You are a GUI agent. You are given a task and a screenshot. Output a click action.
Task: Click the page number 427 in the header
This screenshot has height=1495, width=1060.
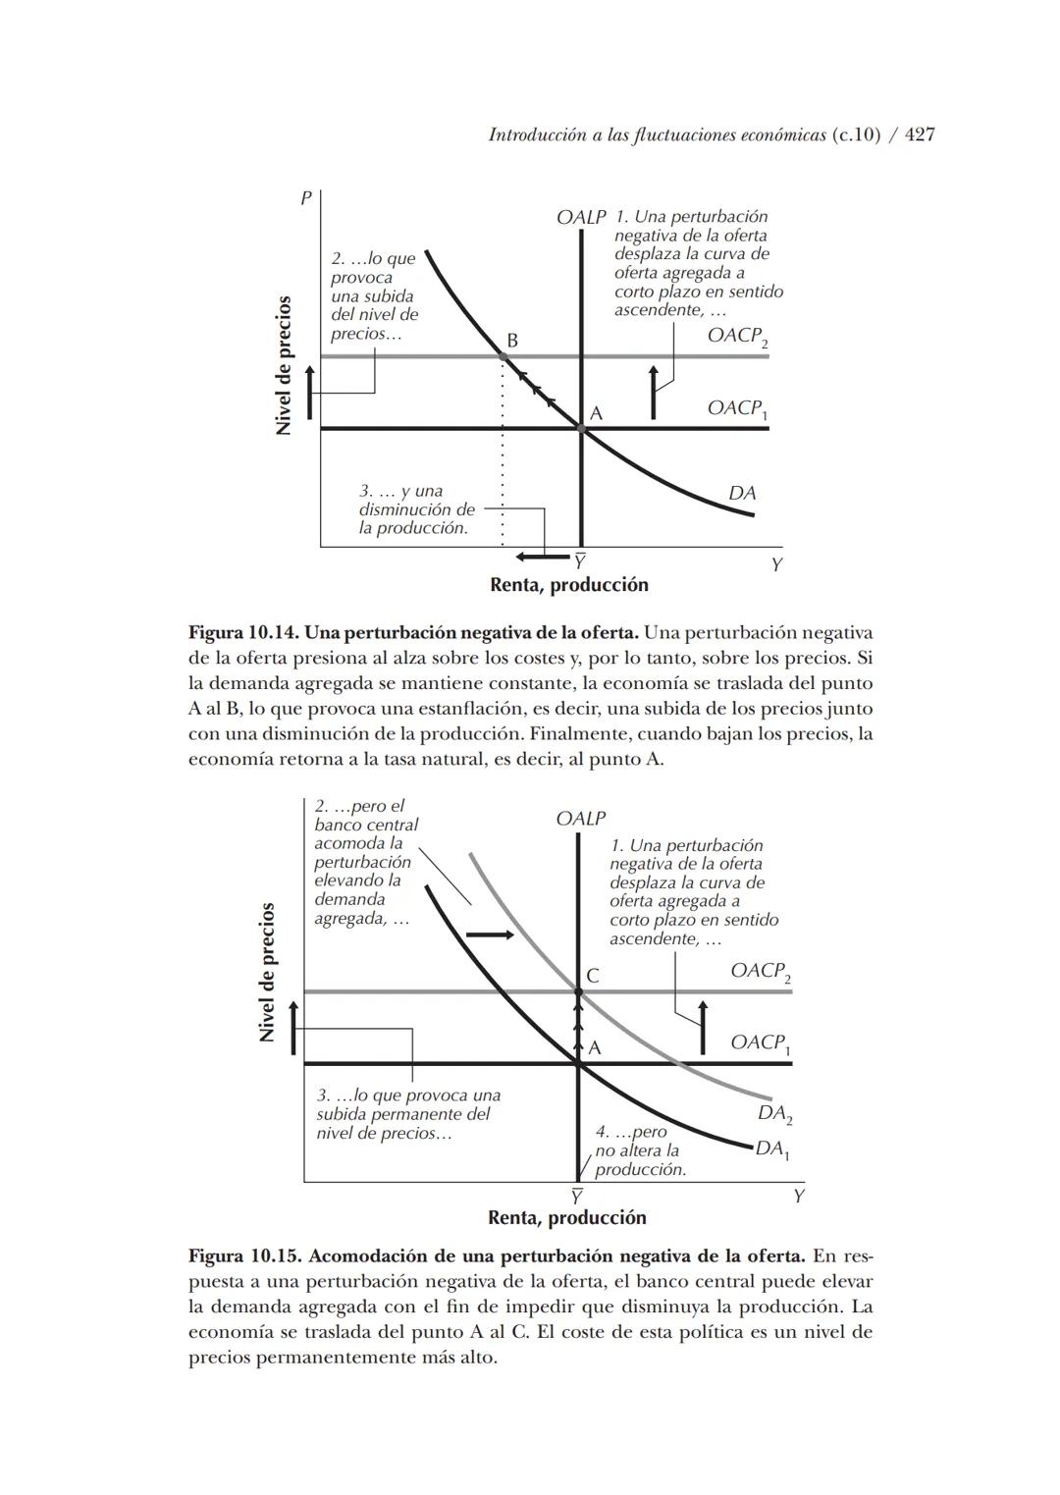(919, 135)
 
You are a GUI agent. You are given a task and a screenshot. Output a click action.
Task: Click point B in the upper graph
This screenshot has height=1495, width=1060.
(503, 355)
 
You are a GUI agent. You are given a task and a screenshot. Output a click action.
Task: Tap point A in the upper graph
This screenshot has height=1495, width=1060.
(582, 429)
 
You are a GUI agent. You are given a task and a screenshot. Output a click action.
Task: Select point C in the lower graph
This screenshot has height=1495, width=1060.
(578, 991)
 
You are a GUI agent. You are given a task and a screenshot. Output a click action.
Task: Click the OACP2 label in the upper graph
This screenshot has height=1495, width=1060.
(737, 337)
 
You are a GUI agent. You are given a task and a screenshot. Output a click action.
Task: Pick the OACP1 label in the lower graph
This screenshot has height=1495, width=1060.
(760, 1043)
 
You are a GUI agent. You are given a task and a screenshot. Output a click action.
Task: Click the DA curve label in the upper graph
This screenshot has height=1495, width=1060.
(742, 493)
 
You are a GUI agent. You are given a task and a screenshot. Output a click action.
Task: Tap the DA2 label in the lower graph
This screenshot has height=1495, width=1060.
(774, 1114)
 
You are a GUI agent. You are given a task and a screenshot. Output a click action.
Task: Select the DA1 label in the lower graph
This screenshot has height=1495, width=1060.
(772, 1148)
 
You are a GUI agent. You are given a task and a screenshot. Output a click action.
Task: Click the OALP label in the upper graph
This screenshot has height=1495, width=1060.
(581, 217)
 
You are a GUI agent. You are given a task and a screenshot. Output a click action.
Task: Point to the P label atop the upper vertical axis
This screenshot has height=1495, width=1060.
(306, 198)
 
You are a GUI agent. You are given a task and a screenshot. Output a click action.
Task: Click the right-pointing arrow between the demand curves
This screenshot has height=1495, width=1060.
(490, 934)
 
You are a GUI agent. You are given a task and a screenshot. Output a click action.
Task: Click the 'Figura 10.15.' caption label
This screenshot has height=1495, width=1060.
(245, 1256)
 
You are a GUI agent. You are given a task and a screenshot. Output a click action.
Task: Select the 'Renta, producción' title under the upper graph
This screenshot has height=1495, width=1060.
(569, 585)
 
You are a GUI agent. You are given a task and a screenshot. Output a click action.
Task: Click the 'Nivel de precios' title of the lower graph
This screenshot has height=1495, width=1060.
(267, 972)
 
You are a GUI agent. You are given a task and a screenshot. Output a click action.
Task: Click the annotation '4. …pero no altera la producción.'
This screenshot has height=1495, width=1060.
(640, 1150)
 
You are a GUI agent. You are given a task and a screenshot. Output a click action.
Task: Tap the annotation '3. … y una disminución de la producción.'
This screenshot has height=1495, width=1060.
(416, 509)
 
